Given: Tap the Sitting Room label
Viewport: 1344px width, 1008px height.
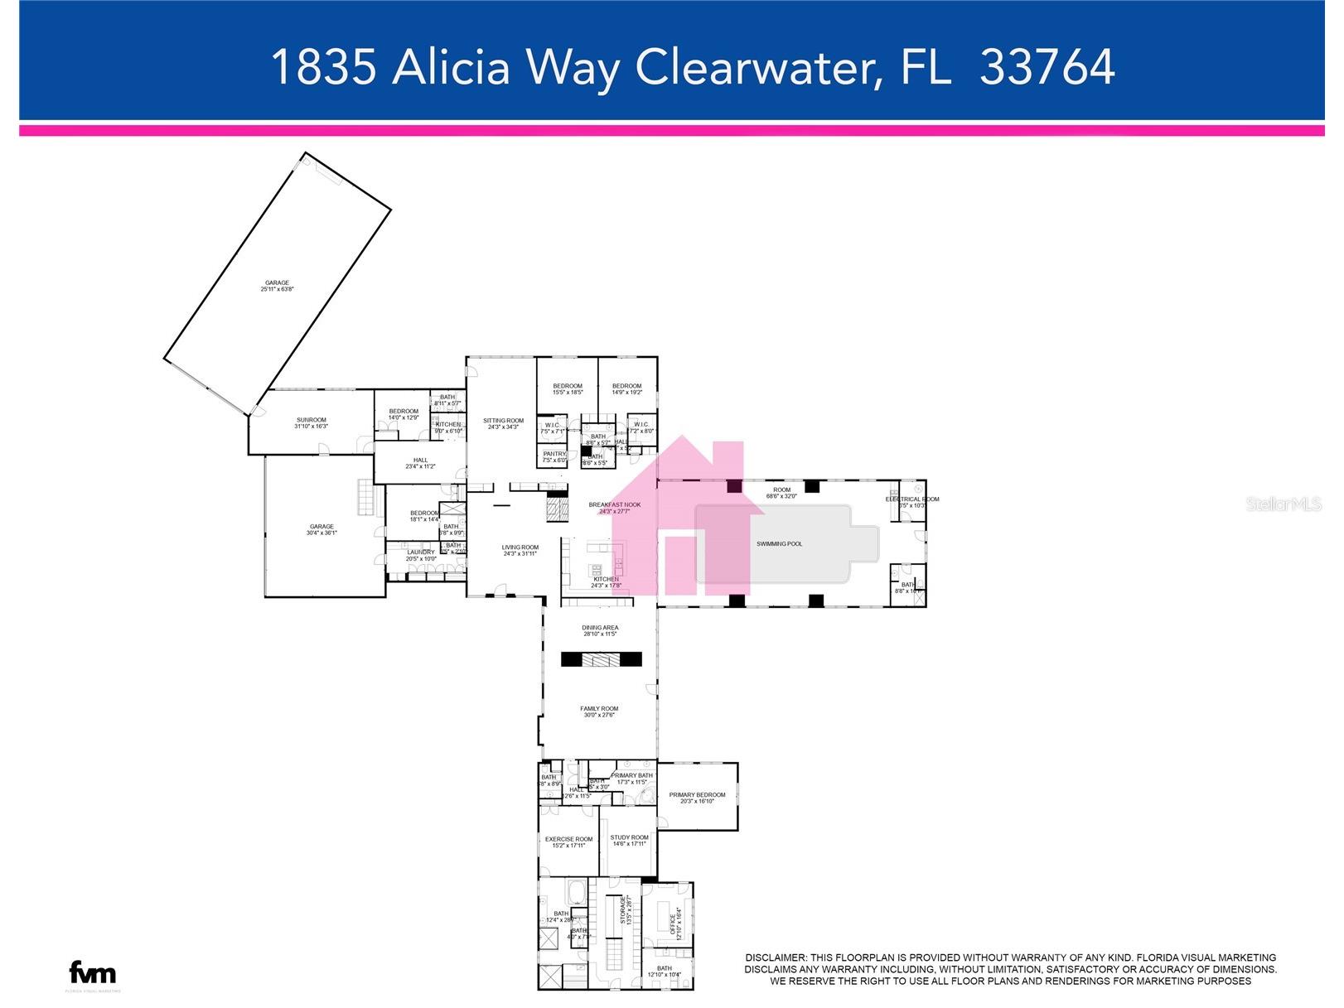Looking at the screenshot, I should (504, 421).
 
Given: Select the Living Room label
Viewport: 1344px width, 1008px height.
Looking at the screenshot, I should (520, 547).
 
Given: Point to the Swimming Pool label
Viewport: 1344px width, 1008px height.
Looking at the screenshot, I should (779, 544).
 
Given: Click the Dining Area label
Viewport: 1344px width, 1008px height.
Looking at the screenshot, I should (600, 628).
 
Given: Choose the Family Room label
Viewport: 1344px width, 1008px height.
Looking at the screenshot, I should (599, 709).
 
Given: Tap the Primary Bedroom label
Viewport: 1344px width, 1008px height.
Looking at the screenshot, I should (697, 795).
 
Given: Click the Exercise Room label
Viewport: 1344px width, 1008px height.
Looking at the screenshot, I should (569, 839).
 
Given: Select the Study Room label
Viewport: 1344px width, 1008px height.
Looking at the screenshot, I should (630, 837).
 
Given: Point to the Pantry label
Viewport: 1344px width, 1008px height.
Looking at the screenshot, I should (554, 454).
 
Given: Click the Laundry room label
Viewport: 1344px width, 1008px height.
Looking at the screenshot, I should (421, 552).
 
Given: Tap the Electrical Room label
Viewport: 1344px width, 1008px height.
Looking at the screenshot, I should (912, 499).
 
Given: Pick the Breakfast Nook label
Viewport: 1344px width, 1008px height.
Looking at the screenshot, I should (615, 504).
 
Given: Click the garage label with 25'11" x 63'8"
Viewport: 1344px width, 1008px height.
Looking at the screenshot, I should (277, 283).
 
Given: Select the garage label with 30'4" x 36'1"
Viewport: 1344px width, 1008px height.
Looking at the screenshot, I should (321, 527).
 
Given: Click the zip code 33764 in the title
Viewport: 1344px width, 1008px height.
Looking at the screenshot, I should (1047, 67).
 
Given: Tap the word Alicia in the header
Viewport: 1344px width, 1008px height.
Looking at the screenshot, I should (452, 67).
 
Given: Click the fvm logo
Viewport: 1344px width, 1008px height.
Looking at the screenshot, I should (92, 972).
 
